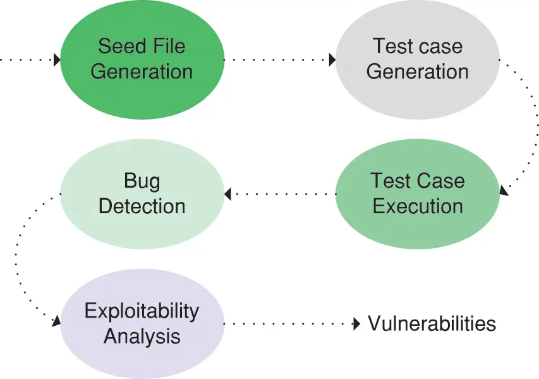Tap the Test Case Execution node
tap(417, 193)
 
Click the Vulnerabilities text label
tap(432, 324)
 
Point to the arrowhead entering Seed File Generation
tap(57, 60)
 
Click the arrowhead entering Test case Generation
tap(332, 60)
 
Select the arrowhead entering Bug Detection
tap(228, 194)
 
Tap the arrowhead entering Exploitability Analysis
tap(56, 321)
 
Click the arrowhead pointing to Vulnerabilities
tap(356, 324)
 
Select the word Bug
tap(142, 182)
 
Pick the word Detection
tap(142, 206)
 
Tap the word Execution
tap(417, 206)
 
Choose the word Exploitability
tap(142, 311)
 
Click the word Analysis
tap(142, 335)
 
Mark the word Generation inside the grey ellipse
tap(417, 71)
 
